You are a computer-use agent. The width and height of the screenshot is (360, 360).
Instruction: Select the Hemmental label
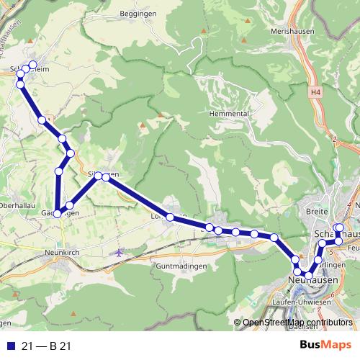pos(228,114)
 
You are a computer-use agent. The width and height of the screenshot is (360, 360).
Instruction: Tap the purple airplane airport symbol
pos(119,253)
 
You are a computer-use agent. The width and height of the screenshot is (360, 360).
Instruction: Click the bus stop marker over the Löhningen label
pos(170,217)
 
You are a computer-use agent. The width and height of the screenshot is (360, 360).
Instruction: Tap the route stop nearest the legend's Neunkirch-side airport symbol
pos(70,206)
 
